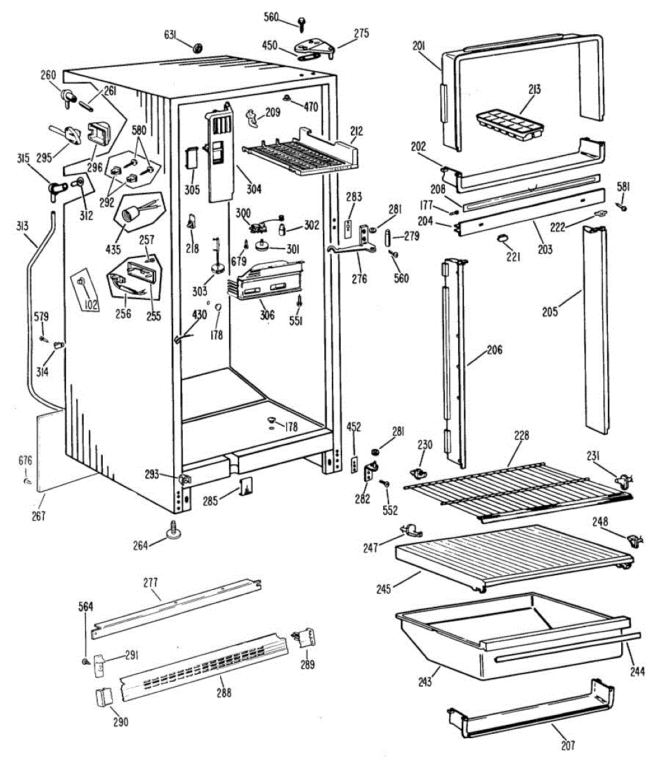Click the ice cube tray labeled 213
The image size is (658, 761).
click(509, 123)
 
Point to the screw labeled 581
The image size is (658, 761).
click(624, 207)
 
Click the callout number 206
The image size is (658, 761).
click(494, 349)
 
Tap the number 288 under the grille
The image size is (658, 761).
click(223, 693)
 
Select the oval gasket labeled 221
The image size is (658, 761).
click(503, 238)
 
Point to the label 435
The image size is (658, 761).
click(113, 249)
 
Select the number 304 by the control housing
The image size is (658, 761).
click(254, 189)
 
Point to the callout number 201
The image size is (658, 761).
click(418, 46)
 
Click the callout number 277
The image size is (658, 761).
click(150, 582)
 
